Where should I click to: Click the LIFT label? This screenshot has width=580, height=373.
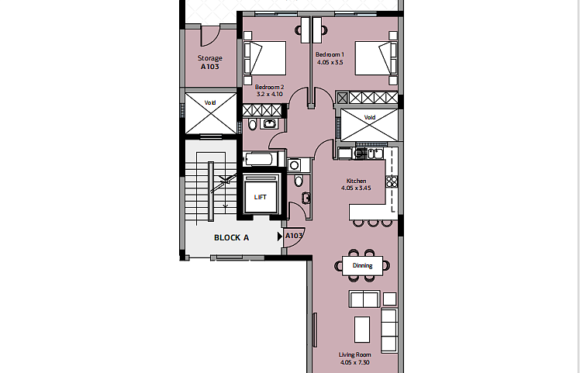click(x=260, y=197)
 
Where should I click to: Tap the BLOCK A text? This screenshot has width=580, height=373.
click(x=232, y=237)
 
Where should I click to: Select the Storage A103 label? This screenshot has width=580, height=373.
click(x=209, y=62)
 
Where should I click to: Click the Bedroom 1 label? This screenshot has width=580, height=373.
click(x=330, y=54)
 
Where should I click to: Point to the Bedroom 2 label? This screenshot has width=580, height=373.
click(x=269, y=87)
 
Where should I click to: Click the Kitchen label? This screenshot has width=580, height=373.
click(x=356, y=181)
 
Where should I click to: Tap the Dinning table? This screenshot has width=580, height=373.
click(x=363, y=266)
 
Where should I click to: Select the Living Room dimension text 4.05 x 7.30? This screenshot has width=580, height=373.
click(x=354, y=363)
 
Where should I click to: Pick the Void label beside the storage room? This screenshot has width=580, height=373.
click(x=210, y=102)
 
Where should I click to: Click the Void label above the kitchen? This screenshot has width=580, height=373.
click(x=370, y=117)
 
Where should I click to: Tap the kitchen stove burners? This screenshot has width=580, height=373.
click(x=392, y=181)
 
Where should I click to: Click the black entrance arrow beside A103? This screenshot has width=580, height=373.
click(x=280, y=237)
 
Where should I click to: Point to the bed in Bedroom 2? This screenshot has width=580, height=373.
click(x=265, y=58)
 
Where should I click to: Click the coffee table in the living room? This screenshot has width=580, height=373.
click(x=362, y=330)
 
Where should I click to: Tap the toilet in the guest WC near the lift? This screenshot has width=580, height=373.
click(x=299, y=181)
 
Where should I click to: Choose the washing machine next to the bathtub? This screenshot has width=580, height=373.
click(x=295, y=165)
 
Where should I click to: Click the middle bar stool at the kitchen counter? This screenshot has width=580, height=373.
click(x=373, y=223)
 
